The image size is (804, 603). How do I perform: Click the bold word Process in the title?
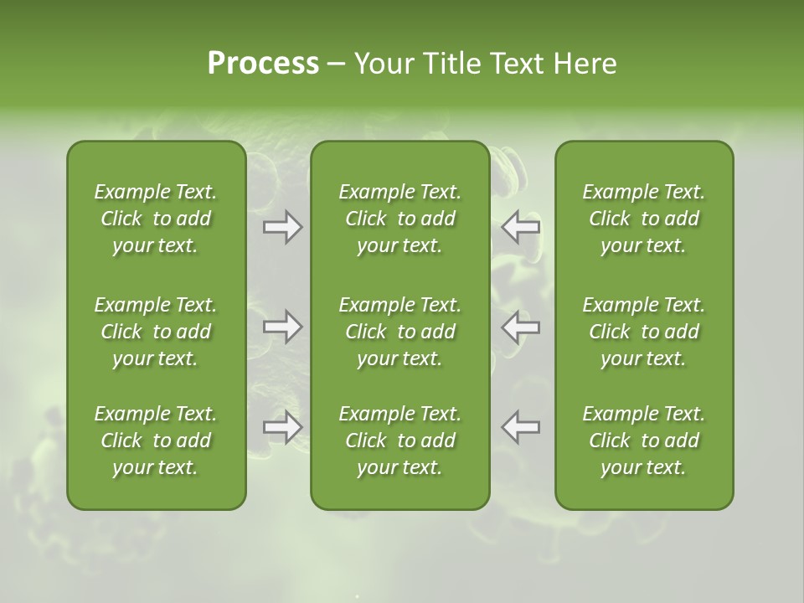(x=263, y=64)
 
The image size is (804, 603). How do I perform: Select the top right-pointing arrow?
(x=283, y=227)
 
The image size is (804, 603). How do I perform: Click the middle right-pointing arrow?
(x=283, y=327)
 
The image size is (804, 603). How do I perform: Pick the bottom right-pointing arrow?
(x=283, y=427)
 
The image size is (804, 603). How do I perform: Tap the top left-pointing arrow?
(x=521, y=227)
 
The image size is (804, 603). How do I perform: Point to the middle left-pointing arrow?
(x=521, y=327)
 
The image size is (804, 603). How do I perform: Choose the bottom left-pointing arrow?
(x=521, y=427)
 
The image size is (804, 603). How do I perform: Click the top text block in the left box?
(x=156, y=219)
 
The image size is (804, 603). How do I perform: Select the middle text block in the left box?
(x=156, y=332)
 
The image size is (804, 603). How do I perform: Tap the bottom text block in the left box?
(x=156, y=441)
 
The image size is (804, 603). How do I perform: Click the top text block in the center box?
(x=400, y=219)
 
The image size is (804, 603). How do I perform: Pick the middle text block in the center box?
(x=400, y=332)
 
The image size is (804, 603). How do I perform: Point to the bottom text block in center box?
(x=400, y=441)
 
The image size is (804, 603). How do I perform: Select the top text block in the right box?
(x=644, y=219)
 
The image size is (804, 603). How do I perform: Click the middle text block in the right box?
(x=644, y=332)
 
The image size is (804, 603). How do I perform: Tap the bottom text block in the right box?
(x=644, y=441)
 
